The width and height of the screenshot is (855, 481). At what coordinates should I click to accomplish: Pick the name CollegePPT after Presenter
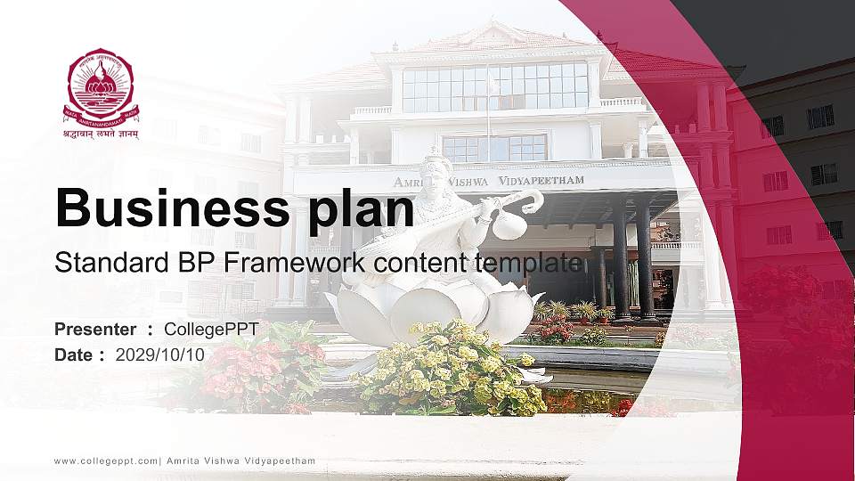pyautogui.click(x=211, y=330)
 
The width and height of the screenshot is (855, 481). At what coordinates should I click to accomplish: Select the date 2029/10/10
pyautogui.click(x=160, y=355)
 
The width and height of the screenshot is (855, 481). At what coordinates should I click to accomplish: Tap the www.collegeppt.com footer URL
pyautogui.click(x=106, y=461)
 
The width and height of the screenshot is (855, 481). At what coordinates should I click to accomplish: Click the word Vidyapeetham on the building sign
pyautogui.click(x=542, y=180)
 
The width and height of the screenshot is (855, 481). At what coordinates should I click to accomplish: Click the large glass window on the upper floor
pyautogui.click(x=495, y=86)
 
